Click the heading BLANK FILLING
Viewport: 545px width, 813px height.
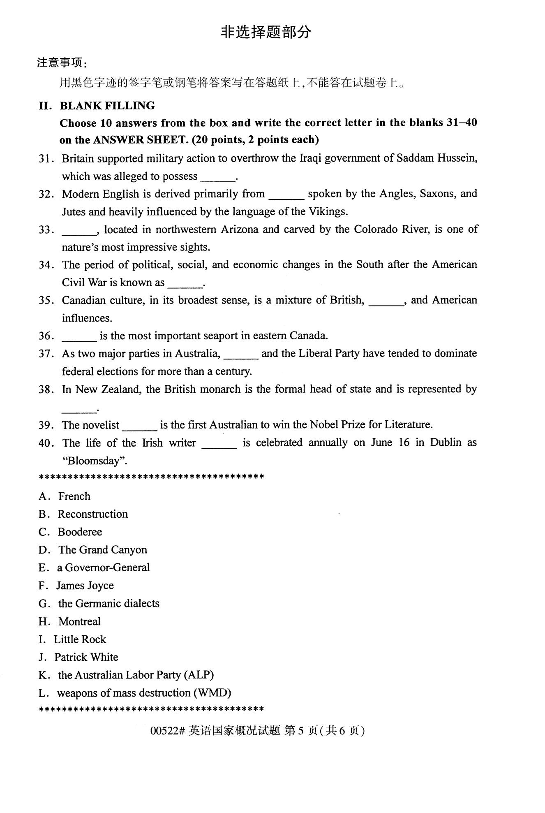pos(107,106)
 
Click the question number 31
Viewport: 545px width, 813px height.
pos(46,159)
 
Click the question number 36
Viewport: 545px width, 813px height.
pos(46,336)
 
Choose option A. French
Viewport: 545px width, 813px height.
pos(74,496)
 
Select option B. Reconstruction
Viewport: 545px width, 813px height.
pos(92,514)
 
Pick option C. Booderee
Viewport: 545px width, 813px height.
pos(80,532)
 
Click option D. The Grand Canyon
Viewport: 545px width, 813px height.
pos(102,550)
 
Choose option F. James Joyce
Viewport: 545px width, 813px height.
pos(85,586)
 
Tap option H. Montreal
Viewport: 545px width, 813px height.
pos(79,621)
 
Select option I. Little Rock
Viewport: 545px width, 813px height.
pos(80,639)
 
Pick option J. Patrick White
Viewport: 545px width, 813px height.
pos(86,657)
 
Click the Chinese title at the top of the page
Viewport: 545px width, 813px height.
pos(266,32)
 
